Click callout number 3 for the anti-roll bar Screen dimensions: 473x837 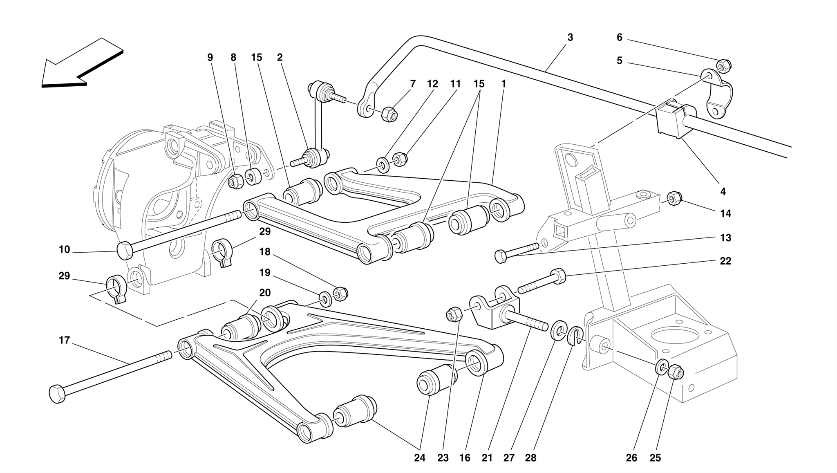pos(570,37)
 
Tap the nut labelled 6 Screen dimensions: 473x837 pos(724,65)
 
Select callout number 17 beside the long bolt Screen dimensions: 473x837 pos(64,340)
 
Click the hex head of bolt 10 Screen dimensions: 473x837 pos(125,250)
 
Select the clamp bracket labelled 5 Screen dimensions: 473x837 pos(717,94)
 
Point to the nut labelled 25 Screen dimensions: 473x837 pos(675,372)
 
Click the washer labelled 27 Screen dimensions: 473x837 pos(559,330)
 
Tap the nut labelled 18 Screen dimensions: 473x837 pos(340,294)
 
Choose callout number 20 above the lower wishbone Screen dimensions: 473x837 pos(265,293)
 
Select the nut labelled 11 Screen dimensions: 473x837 pos(399,159)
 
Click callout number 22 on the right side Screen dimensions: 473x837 pos(725,261)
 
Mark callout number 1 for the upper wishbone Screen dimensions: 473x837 pos(504,84)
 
